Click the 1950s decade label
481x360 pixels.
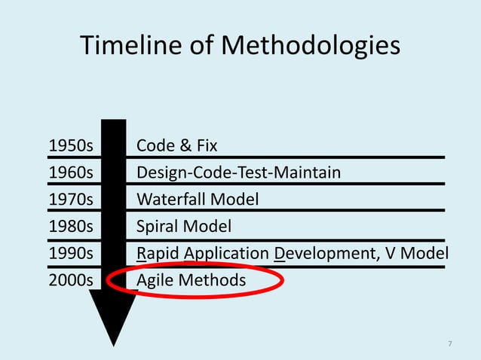click(x=70, y=145)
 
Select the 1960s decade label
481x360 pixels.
click(x=70, y=172)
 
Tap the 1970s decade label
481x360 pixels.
click(x=70, y=200)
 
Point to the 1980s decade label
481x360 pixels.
click(x=70, y=226)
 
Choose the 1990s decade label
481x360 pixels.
click(x=70, y=253)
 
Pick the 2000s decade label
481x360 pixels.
click(x=70, y=280)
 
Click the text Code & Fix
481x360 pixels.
click(x=176, y=145)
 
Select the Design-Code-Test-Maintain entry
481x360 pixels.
click(x=238, y=172)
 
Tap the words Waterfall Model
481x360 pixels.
click(x=198, y=200)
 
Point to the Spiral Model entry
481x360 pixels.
click(x=184, y=226)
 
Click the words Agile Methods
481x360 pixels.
click(x=191, y=280)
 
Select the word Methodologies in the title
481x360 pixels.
click(x=311, y=47)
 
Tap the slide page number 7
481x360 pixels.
click(x=450, y=344)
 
